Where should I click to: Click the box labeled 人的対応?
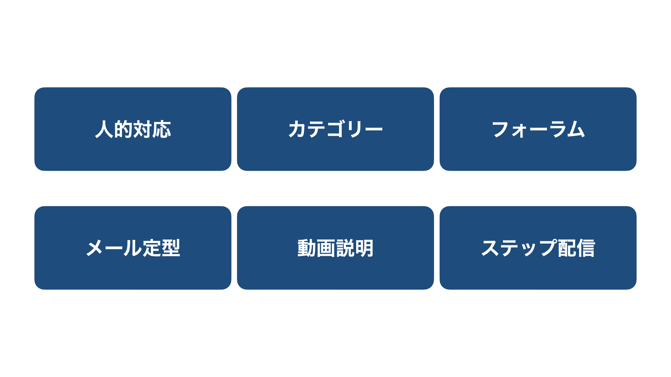pyautogui.click(x=133, y=129)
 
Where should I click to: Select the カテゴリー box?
pyautogui.click(x=335, y=129)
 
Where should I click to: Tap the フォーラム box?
pyautogui.click(x=538, y=129)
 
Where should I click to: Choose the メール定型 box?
pyautogui.click(x=133, y=248)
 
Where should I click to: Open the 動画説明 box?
pyautogui.click(x=335, y=248)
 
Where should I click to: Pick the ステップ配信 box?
pyautogui.click(x=538, y=248)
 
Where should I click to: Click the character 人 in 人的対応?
pyautogui.click(x=104, y=129)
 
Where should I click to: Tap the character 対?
pyautogui.click(x=143, y=129)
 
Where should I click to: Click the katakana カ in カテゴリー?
pyautogui.click(x=297, y=129)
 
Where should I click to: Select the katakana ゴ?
pyautogui.click(x=336, y=129)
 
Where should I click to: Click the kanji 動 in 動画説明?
pyautogui.click(x=307, y=248)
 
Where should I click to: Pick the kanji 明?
pyautogui.click(x=364, y=248)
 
